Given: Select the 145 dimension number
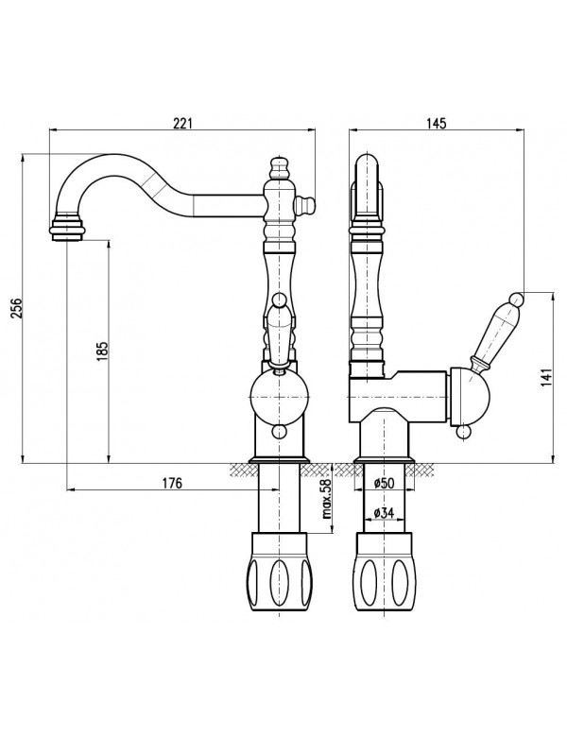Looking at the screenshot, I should click(x=436, y=124).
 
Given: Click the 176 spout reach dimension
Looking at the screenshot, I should click(x=170, y=482).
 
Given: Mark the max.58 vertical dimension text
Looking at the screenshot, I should click(x=324, y=500).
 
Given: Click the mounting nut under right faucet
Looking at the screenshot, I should click(x=384, y=573).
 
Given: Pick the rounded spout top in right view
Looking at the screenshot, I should click(x=368, y=170).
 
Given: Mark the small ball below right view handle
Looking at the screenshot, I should click(x=462, y=432).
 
